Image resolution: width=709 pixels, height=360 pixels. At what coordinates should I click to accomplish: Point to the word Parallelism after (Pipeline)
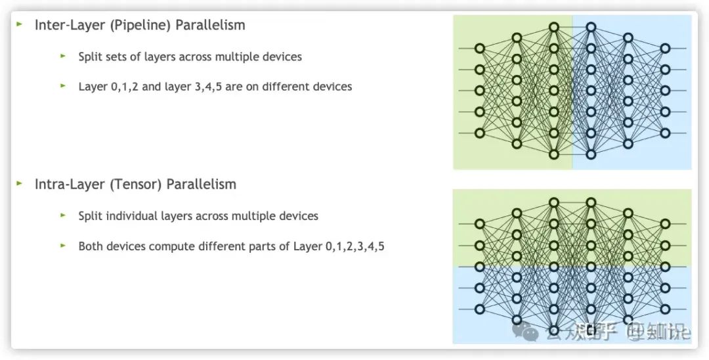pos(210,26)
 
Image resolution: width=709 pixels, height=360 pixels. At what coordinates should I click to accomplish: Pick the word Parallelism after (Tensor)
pos(201,185)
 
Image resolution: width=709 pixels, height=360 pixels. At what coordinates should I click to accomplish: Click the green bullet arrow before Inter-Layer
pos(20,25)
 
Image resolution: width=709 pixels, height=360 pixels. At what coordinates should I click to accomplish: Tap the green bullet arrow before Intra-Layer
pos(20,184)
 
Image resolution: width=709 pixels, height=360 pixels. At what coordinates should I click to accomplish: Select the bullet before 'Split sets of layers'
pos(63,56)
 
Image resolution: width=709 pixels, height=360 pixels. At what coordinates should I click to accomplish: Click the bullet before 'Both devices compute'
pos(63,246)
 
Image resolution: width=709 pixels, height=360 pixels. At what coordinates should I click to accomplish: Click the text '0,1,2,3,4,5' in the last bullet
pos(354,247)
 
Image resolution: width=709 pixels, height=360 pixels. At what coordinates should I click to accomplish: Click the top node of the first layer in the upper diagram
pos(479,48)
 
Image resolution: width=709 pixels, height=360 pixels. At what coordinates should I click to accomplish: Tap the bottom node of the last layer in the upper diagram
pos(665,133)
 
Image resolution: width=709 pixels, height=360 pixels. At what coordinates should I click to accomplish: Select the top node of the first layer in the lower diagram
pos(479,224)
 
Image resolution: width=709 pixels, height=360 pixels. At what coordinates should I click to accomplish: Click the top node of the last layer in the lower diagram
pos(665,224)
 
